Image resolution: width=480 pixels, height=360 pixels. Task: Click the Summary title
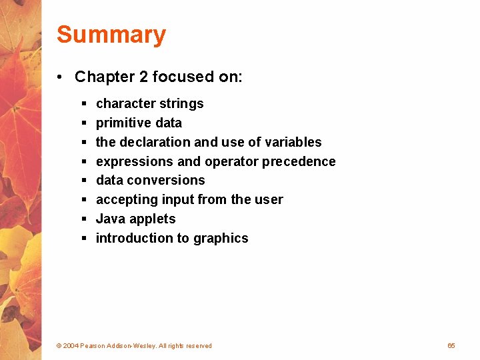point(111,35)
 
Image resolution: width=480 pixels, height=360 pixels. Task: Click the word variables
point(293,142)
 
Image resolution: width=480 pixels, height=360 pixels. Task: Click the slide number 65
point(451,345)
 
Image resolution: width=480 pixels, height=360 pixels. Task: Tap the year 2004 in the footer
point(71,346)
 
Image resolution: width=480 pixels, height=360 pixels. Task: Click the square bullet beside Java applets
point(84,219)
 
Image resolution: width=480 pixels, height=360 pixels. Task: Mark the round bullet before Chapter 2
point(60,77)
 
